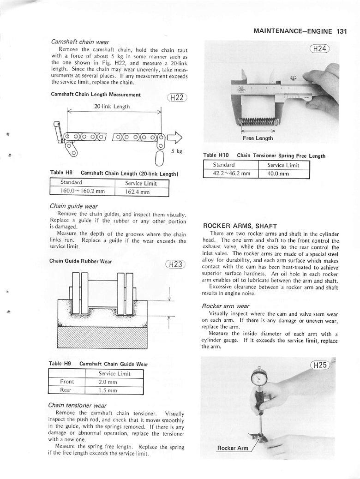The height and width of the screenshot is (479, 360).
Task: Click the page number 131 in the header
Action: [x=342, y=31]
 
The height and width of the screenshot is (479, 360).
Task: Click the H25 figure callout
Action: [x=320, y=365]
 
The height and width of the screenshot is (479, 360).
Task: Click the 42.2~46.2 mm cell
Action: [x=231, y=174]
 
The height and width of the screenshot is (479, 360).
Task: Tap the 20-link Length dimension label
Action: [x=112, y=107]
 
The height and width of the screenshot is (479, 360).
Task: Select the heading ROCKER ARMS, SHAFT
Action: [x=240, y=226]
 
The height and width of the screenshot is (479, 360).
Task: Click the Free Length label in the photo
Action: [x=258, y=138]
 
